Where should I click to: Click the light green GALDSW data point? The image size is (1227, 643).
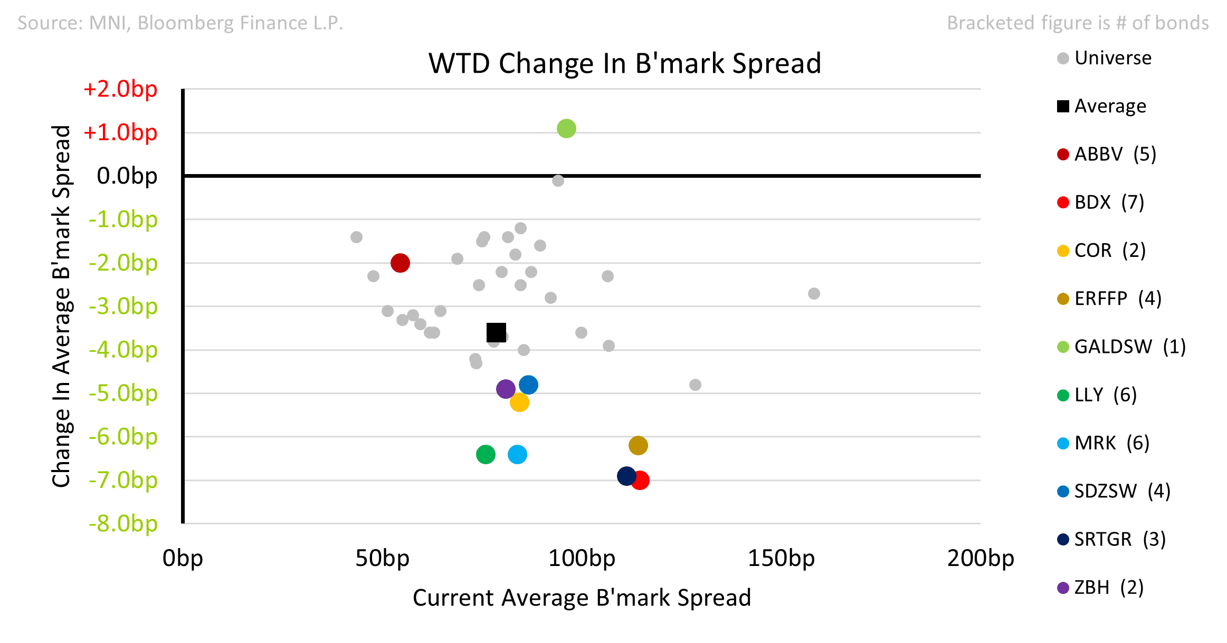pos(566,128)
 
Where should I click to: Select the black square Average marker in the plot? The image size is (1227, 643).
pos(496,332)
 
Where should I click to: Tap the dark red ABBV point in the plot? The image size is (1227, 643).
pos(400,263)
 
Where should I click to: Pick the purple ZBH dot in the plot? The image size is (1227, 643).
pos(506,389)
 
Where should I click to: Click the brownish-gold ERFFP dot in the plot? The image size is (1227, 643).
pos(638,446)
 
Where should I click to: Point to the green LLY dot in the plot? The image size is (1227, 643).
pos(486,454)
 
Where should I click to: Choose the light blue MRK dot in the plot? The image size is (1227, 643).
pos(517,454)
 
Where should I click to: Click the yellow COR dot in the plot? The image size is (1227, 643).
pos(519,402)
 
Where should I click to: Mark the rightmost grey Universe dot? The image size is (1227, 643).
pos(814,293)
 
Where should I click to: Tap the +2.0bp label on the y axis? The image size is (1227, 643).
pos(120,89)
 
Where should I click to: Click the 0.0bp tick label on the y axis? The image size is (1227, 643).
pos(127,176)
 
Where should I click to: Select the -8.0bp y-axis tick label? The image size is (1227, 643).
pos(123,524)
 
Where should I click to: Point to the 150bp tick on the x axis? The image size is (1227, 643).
pos(781,558)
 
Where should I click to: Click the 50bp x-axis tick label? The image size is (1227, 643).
pos(382,558)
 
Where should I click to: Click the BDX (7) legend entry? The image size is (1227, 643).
pos(1101,202)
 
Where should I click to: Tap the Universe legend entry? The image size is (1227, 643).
pos(1105,58)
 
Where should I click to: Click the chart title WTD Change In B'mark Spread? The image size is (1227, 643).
pos(625,63)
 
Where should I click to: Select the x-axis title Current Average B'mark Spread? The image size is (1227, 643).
pos(582,598)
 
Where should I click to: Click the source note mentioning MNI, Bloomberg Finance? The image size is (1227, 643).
pos(180,23)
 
